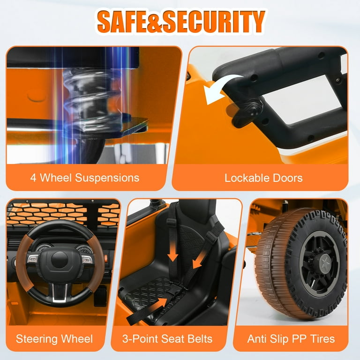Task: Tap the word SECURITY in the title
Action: pyautogui.click(x=214, y=22)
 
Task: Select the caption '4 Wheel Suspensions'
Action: pyautogui.click(x=85, y=178)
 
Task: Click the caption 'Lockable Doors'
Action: pyautogui.click(x=263, y=178)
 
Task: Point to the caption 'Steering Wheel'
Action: pyautogui.click(x=54, y=339)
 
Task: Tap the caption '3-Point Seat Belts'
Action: pyautogui.click(x=167, y=339)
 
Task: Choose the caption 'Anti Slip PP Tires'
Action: pyautogui.click(x=291, y=339)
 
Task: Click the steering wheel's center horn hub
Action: pyautogui.click(x=60, y=260)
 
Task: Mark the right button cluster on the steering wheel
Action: pyautogui.click(x=87, y=259)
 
